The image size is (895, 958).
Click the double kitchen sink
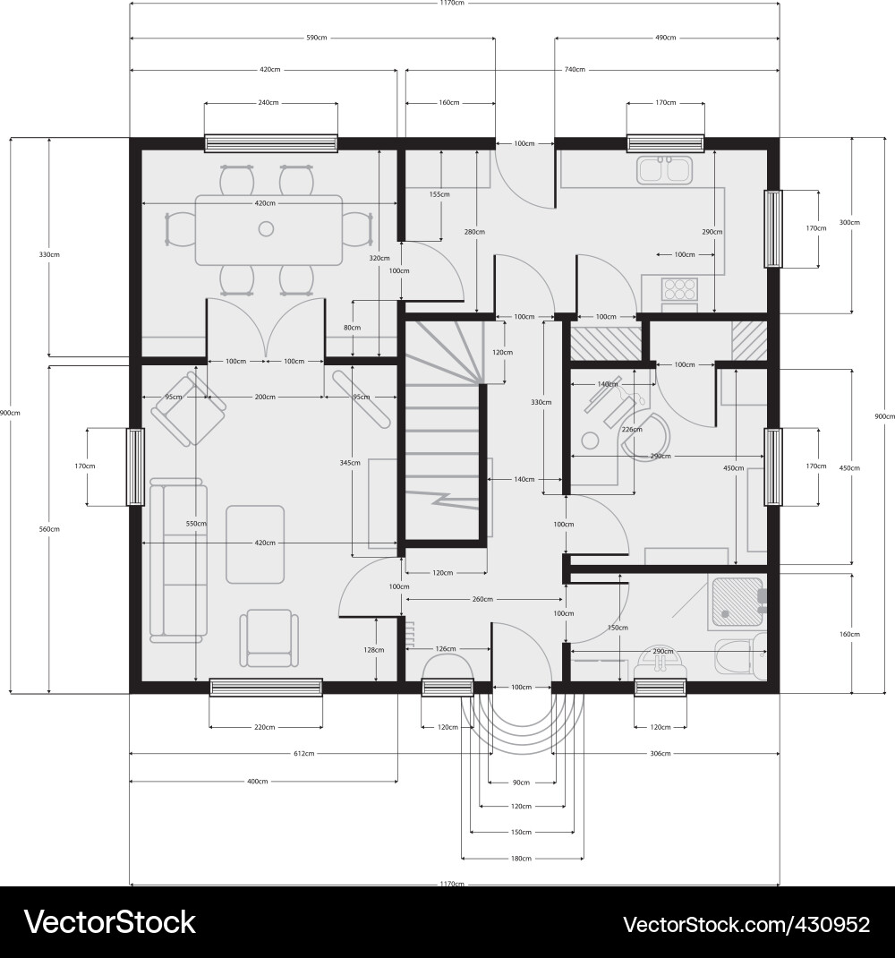pyautogui.click(x=664, y=170)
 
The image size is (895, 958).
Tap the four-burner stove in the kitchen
pyautogui.click(x=678, y=288)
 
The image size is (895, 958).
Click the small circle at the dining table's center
pyautogui.click(x=266, y=229)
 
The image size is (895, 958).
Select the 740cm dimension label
pyautogui.click(x=575, y=69)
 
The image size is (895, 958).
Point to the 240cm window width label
pyautogui.click(x=268, y=103)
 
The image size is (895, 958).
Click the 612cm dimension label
pyautogui.click(x=303, y=754)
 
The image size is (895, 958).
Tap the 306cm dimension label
pyautogui.click(x=659, y=754)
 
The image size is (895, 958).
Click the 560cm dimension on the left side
pyautogui.click(x=49, y=529)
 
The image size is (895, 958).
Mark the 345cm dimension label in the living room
pyautogui.click(x=351, y=463)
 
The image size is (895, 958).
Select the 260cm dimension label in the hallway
pyautogui.click(x=482, y=599)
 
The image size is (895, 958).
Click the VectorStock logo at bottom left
pyautogui.click(x=109, y=922)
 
